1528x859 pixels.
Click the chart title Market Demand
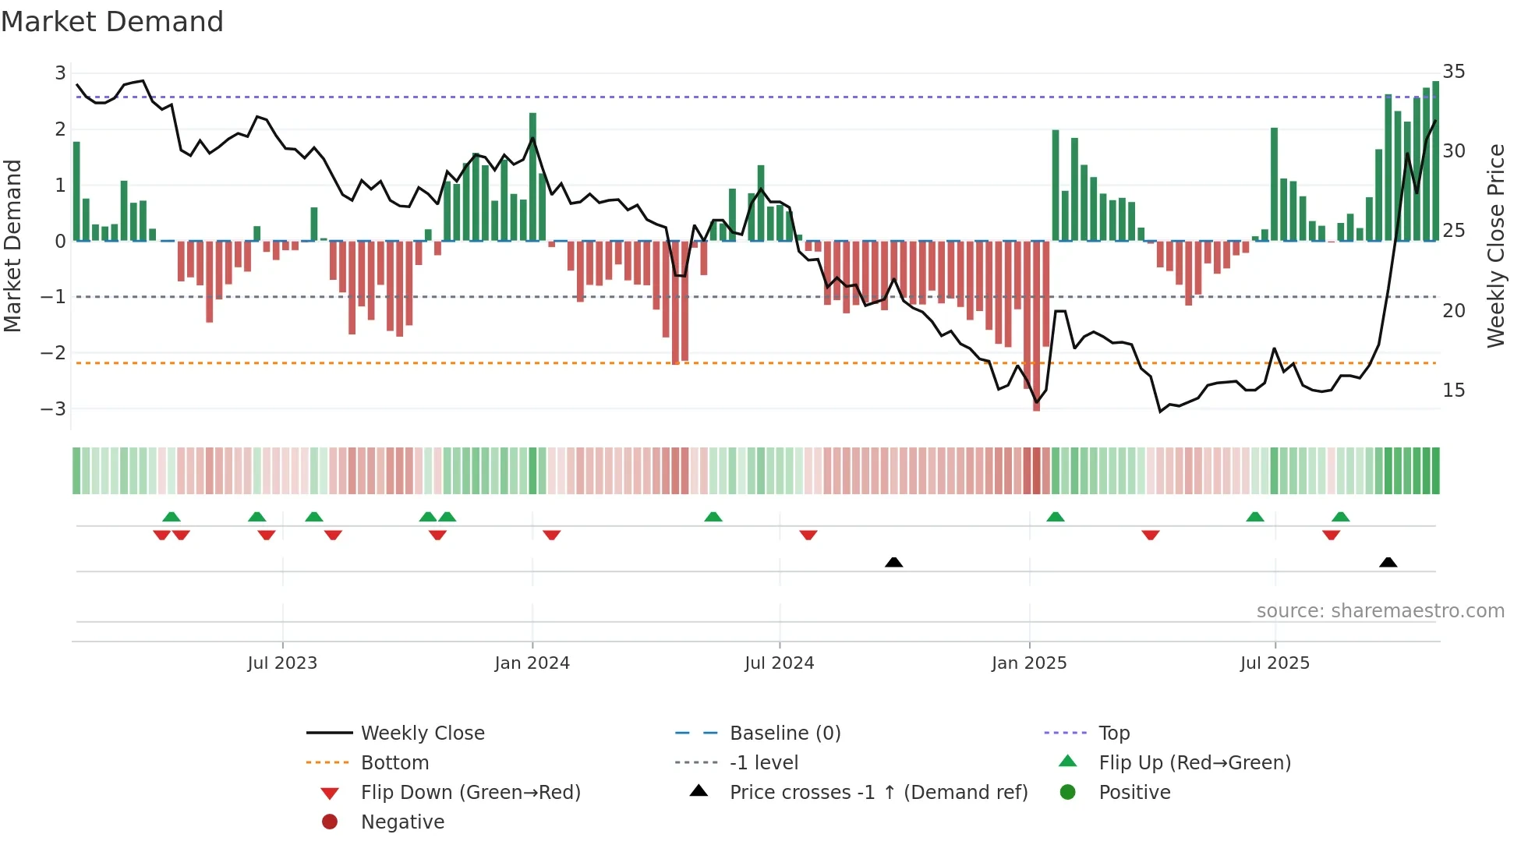(x=112, y=22)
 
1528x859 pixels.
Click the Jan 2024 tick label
(x=532, y=663)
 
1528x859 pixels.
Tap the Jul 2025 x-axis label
(x=1275, y=663)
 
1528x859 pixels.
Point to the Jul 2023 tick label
(x=282, y=663)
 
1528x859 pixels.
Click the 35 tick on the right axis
(x=1453, y=72)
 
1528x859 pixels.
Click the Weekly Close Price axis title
(x=1495, y=246)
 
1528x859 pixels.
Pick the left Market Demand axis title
(x=12, y=246)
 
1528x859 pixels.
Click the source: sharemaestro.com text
(x=1380, y=611)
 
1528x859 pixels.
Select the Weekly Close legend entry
(x=422, y=734)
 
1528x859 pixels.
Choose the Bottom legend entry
(x=394, y=763)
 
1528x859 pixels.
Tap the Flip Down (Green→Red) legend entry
(x=470, y=793)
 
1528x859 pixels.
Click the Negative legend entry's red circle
(x=330, y=822)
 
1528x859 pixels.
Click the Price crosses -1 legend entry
(x=878, y=793)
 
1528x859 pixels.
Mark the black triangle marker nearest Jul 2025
(x=1388, y=563)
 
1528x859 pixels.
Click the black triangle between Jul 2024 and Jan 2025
(x=894, y=563)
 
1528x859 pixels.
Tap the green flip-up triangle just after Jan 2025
(x=1055, y=517)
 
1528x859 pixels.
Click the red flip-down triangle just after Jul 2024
(x=808, y=535)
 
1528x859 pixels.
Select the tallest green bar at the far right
(x=1435, y=160)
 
